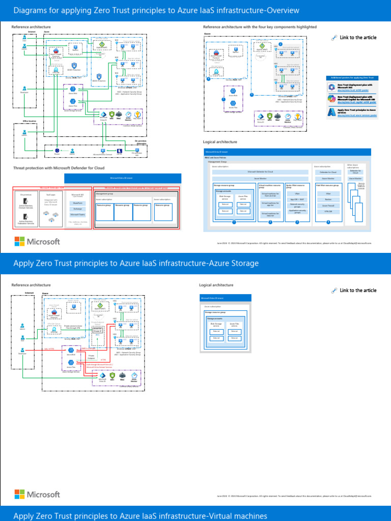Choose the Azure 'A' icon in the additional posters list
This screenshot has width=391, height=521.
coord(331,112)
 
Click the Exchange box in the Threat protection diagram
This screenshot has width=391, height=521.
coord(78,209)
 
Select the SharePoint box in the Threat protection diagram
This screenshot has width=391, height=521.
coord(78,202)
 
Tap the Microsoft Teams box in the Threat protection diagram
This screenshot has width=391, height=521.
coord(78,215)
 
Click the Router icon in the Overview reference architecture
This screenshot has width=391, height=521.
coord(57,151)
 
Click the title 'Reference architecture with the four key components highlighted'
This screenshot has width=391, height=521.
coord(260,27)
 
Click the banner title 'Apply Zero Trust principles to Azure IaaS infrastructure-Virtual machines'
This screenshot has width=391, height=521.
coord(140,516)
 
